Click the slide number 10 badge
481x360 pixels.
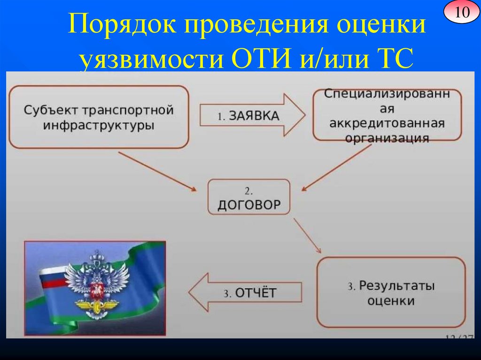[461, 12]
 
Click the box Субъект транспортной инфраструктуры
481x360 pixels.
[99, 117]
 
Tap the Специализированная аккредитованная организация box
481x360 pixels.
[387, 115]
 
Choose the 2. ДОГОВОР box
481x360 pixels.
[249, 197]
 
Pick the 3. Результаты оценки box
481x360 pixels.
[391, 292]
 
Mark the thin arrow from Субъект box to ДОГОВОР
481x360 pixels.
[157, 171]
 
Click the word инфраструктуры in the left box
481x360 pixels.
[99, 126]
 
